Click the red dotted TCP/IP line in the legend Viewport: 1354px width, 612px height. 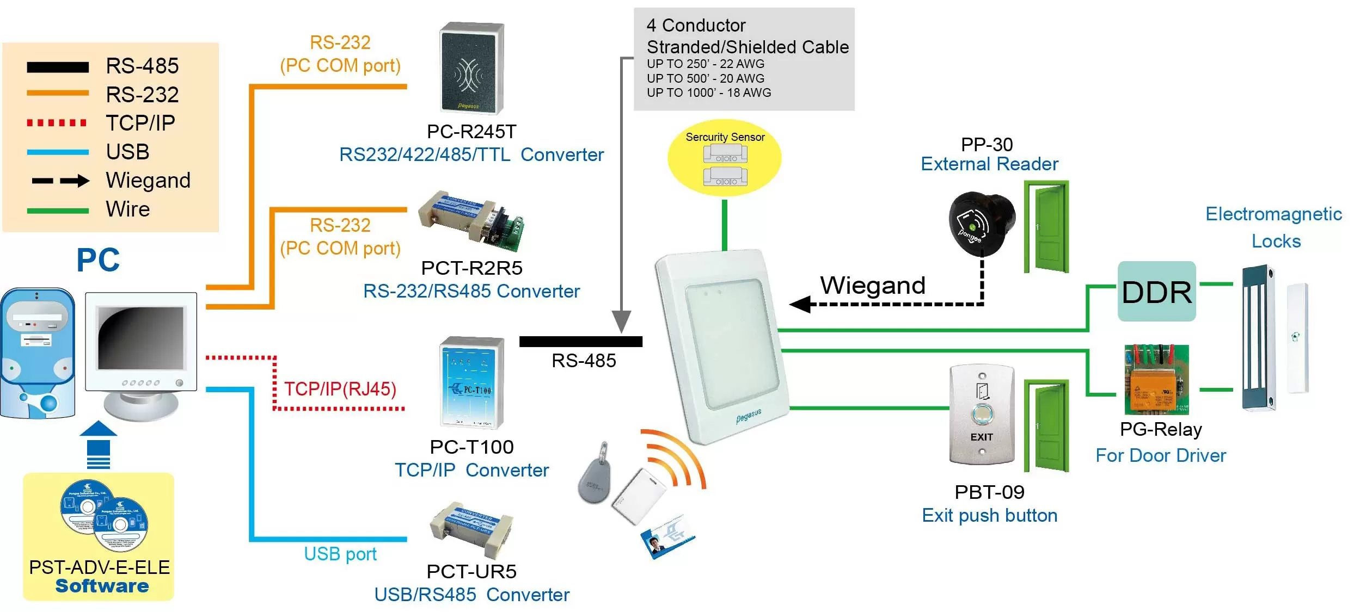[57, 123]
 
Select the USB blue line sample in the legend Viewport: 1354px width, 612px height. [57, 152]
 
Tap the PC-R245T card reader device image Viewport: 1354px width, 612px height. [471, 69]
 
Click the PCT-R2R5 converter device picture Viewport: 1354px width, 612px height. [471, 221]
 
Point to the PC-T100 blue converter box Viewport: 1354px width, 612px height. [471, 383]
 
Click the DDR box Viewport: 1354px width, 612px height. [1156, 292]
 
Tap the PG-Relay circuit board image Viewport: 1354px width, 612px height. [1156, 380]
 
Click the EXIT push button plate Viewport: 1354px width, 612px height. [982, 415]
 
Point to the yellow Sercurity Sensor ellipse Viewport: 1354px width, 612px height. [725, 158]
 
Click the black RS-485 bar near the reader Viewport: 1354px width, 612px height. [580, 342]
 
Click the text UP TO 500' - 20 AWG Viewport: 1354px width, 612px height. [705, 78]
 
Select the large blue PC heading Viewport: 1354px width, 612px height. [98, 260]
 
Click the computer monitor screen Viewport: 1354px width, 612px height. [141, 338]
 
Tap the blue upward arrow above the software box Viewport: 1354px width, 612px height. [99, 443]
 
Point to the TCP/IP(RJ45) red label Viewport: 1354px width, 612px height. [340, 389]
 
